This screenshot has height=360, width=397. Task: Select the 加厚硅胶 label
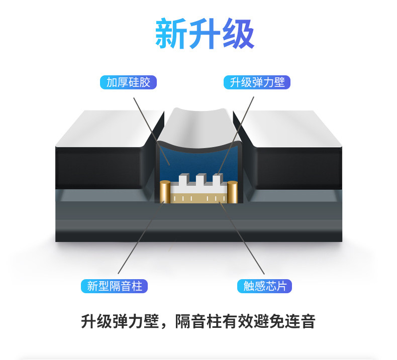click(x=128, y=82)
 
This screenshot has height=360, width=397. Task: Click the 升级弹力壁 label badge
click(x=257, y=82)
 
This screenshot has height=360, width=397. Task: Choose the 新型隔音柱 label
click(x=115, y=286)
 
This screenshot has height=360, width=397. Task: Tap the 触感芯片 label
click(x=265, y=286)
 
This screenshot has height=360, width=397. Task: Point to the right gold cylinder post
click(x=232, y=193)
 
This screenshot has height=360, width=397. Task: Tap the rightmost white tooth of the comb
click(x=217, y=179)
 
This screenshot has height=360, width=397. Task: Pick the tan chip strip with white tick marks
click(x=199, y=199)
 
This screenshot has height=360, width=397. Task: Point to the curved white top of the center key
click(x=198, y=126)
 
